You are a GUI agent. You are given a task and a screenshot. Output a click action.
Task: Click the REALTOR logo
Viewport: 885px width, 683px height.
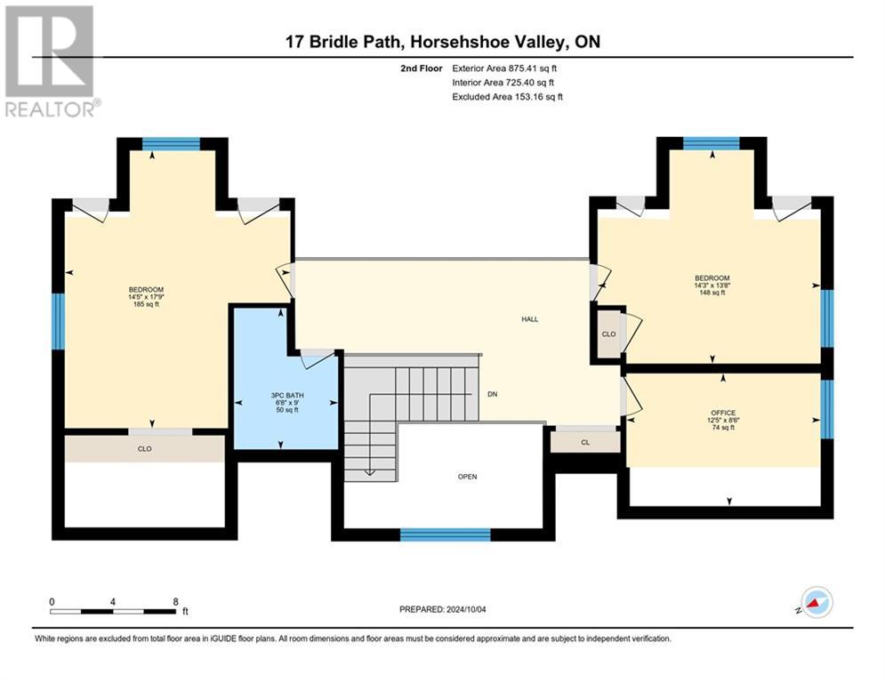50,60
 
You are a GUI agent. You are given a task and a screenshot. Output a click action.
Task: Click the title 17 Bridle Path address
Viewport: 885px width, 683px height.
442,42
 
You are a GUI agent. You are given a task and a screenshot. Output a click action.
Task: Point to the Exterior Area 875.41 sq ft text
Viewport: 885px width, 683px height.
507,68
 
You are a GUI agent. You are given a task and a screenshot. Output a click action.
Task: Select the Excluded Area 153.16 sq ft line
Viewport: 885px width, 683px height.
507,97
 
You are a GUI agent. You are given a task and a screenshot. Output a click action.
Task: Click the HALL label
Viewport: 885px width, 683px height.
529,319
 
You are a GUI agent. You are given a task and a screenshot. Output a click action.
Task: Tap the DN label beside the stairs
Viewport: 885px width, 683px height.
492,394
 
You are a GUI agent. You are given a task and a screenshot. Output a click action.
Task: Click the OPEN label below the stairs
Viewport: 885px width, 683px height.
467,477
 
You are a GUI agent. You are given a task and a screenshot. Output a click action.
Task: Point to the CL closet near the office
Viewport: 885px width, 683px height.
584,440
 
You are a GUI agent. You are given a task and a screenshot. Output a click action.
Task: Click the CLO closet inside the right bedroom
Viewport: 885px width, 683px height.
608,334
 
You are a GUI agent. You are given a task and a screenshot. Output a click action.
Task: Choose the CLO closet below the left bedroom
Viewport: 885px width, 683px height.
144,449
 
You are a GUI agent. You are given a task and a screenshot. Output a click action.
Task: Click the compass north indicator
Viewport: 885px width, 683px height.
816,602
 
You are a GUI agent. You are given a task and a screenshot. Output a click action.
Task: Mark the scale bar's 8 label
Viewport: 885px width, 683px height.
175,601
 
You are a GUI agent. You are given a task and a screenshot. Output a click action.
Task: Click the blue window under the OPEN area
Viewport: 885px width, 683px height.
445,534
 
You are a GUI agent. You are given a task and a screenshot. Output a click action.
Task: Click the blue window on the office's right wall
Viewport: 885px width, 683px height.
826,409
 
